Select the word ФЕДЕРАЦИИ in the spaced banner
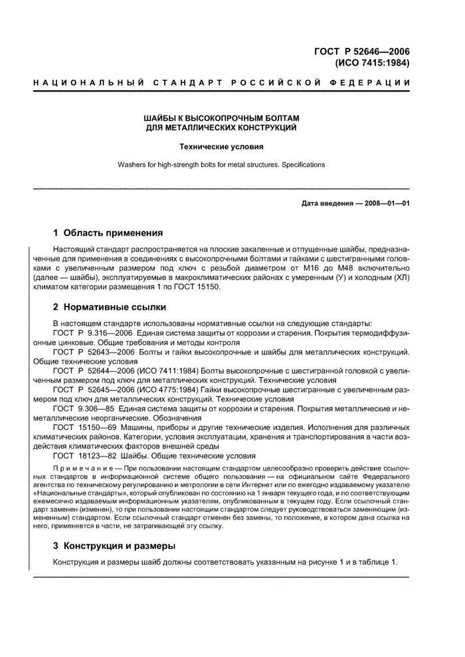click(x=374, y=82)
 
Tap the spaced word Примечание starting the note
click(x=78, y=468)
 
